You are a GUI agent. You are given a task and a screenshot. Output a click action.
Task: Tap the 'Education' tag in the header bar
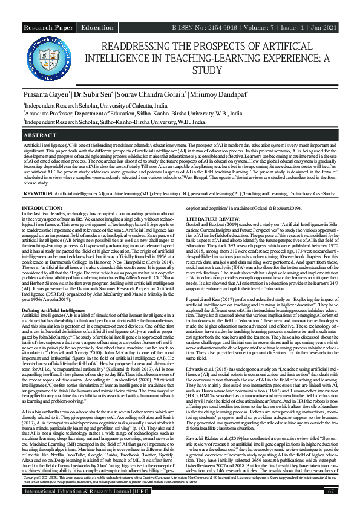click(x=97, y=28)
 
